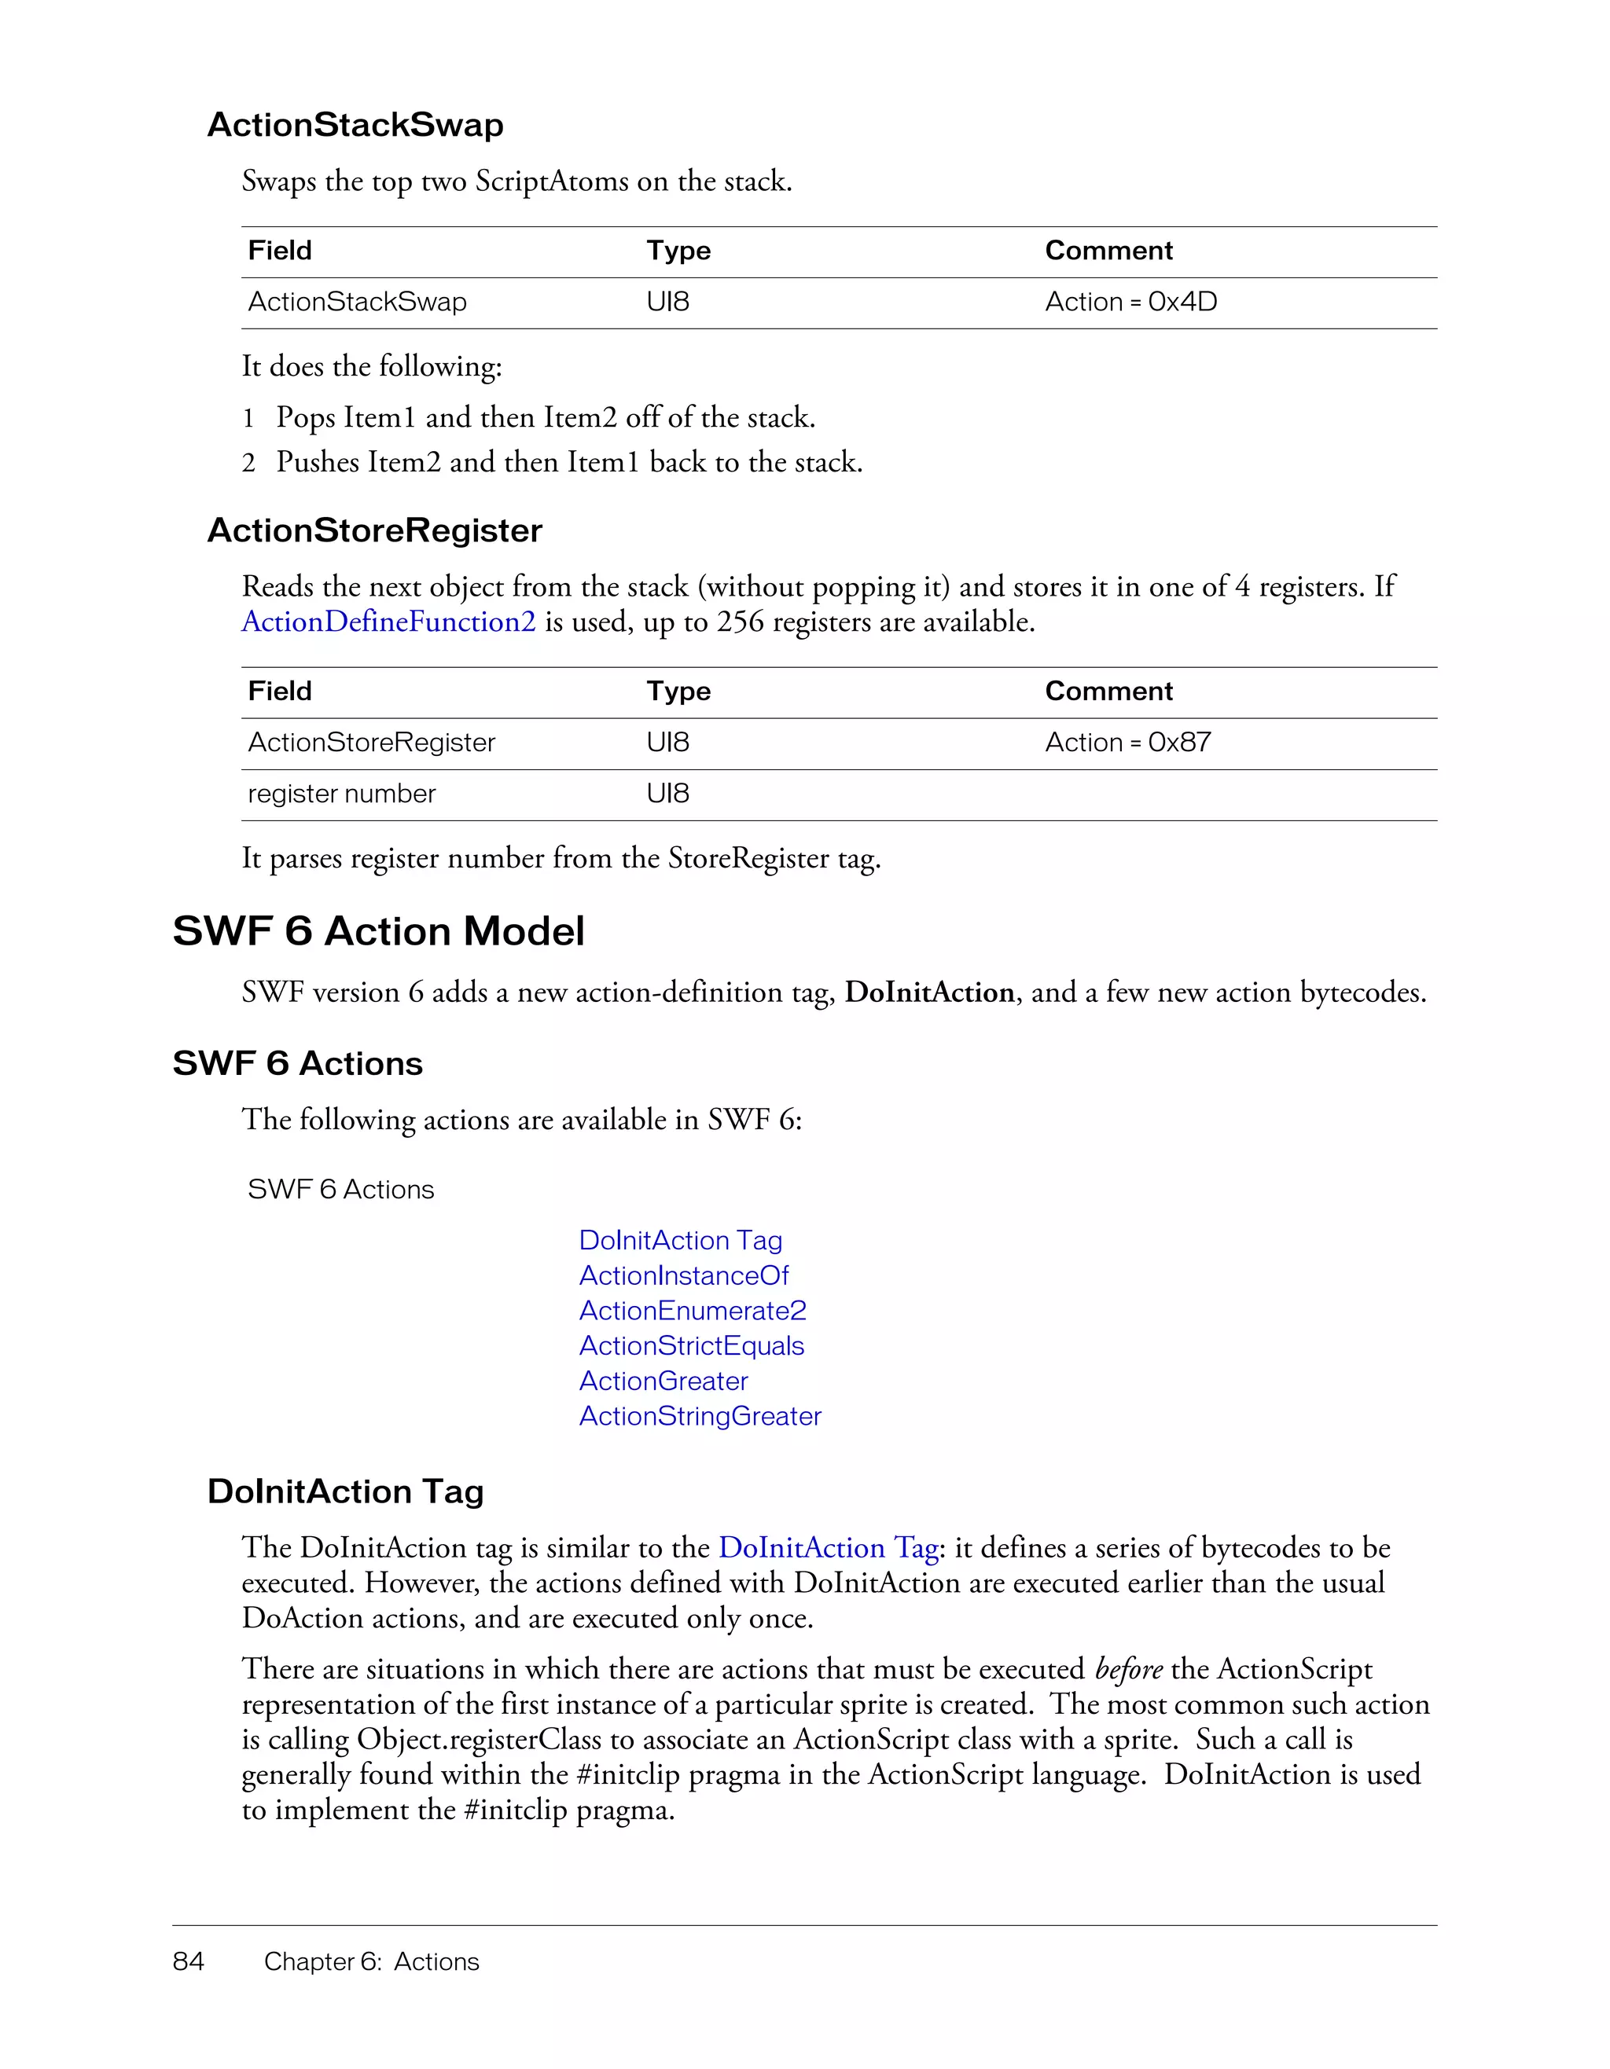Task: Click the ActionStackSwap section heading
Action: (x=355, y=125)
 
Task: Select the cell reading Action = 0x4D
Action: (x=1130, y=303)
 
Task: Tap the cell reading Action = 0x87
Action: (x=1127, y=743)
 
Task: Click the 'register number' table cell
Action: (x=341, y=794)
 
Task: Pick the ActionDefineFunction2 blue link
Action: (x=388, y=622)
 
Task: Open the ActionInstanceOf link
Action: (x=683, y=1276)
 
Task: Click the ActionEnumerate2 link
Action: (x=693, y=1311)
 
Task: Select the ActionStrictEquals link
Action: (x=692, y=1346)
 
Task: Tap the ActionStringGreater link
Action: (x=700, y=1416)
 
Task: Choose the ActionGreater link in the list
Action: (x=663, y=1381)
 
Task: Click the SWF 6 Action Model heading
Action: (x=378, y=931)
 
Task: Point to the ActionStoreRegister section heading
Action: (x=374, y=530)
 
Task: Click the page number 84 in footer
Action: (x=189, y=1962)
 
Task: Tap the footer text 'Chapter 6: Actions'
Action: (x=372, y=1962)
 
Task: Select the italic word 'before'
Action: (x=1127, y=1669)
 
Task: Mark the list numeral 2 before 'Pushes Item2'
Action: (x=248, y=464)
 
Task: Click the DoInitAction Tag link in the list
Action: (x=680, y=1241)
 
